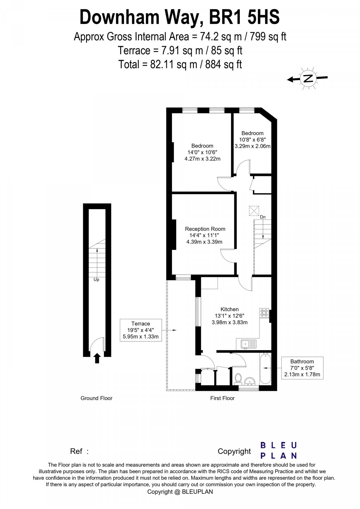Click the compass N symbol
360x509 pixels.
click(308, 78)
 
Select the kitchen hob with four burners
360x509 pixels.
click(264, 313)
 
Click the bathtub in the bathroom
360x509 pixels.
click(265, 369)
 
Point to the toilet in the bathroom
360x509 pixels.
click(238, 379)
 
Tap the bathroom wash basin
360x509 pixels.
click(250, 381)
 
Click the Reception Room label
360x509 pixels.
click(205, 229)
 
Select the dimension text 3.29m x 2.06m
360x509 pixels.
click(252, 146)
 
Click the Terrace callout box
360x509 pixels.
click(141, 330)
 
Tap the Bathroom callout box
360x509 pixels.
click(302, 368)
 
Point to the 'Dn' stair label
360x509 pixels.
click(263, 217)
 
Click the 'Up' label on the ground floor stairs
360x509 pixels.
click(96, 279)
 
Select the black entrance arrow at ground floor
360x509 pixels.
click(97, 358)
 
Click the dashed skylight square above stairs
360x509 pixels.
click(254, 211)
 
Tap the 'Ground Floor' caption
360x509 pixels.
click(96, 398)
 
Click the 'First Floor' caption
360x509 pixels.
click(222, 398)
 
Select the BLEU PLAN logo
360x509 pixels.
click(278, 450)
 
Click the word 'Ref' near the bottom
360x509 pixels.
click(76, 451)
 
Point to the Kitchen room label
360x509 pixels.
click(229, 309)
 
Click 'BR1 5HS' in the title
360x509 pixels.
click(244, 17)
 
